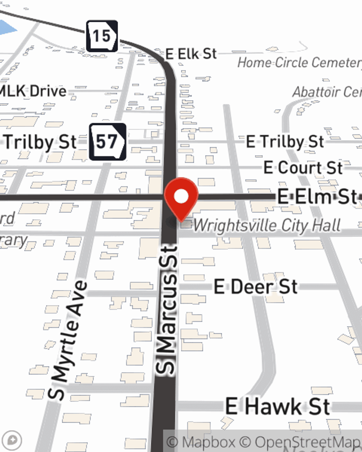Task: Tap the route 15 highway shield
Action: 102,36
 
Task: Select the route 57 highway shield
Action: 108,142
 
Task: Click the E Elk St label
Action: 191,54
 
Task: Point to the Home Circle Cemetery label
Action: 299,63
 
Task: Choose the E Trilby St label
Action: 285,142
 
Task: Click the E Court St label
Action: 303,168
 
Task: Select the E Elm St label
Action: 317,197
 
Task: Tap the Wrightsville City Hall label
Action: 267,226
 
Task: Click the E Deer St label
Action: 256,287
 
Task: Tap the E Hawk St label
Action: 278,406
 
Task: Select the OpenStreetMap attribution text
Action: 308,442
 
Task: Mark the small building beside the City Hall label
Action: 186,224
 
